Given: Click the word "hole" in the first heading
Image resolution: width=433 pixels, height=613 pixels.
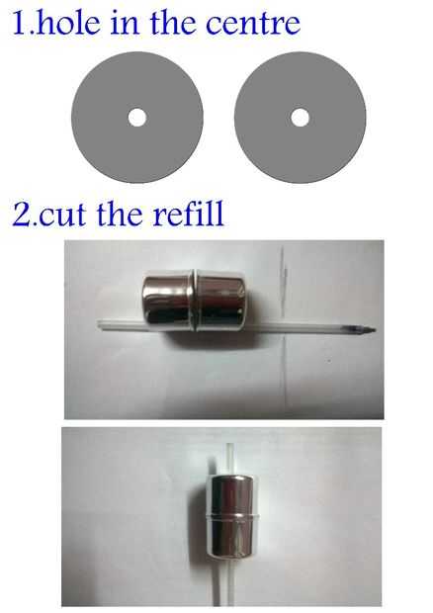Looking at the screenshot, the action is coord(68,23).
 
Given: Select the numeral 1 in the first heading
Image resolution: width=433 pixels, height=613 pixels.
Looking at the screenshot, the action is coord(21,23).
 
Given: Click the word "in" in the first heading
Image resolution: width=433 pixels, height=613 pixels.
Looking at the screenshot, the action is coord(125,23).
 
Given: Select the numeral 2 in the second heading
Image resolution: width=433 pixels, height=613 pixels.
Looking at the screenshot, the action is coord(21,214).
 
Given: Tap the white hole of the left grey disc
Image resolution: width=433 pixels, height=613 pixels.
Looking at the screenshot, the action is coord(137,118).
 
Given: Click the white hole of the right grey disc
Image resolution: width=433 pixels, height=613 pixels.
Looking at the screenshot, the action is coord(301,118).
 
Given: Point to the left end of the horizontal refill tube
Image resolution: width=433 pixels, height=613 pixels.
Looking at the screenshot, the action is coord(98,324).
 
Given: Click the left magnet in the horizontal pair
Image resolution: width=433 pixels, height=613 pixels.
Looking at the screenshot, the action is coord(168,300).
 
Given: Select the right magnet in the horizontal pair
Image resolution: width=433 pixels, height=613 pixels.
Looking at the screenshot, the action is coord(220,301).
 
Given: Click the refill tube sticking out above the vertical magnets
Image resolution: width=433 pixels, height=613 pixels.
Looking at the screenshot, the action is coord(230,459).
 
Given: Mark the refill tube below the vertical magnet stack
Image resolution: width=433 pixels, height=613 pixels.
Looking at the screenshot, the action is coord(231,581).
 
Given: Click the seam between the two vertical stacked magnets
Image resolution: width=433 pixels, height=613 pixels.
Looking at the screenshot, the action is coord(231,516).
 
